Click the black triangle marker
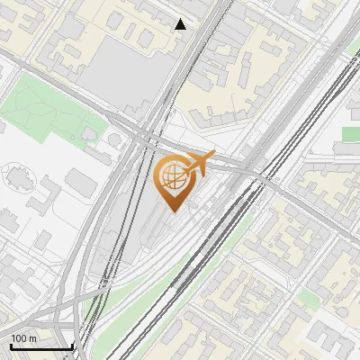pos(181,24)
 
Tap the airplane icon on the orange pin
pos(199,163)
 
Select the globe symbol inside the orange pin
pos(172,178)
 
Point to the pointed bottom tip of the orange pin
pos(172,212)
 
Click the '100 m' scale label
pos(24,337)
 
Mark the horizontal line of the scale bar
pos(41,346)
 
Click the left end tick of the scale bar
pos(11,345)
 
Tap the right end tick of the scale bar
pos(72,345)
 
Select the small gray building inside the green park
pos(90,134)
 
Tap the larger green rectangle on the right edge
pos(351,134)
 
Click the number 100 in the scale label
pos(20,337)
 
